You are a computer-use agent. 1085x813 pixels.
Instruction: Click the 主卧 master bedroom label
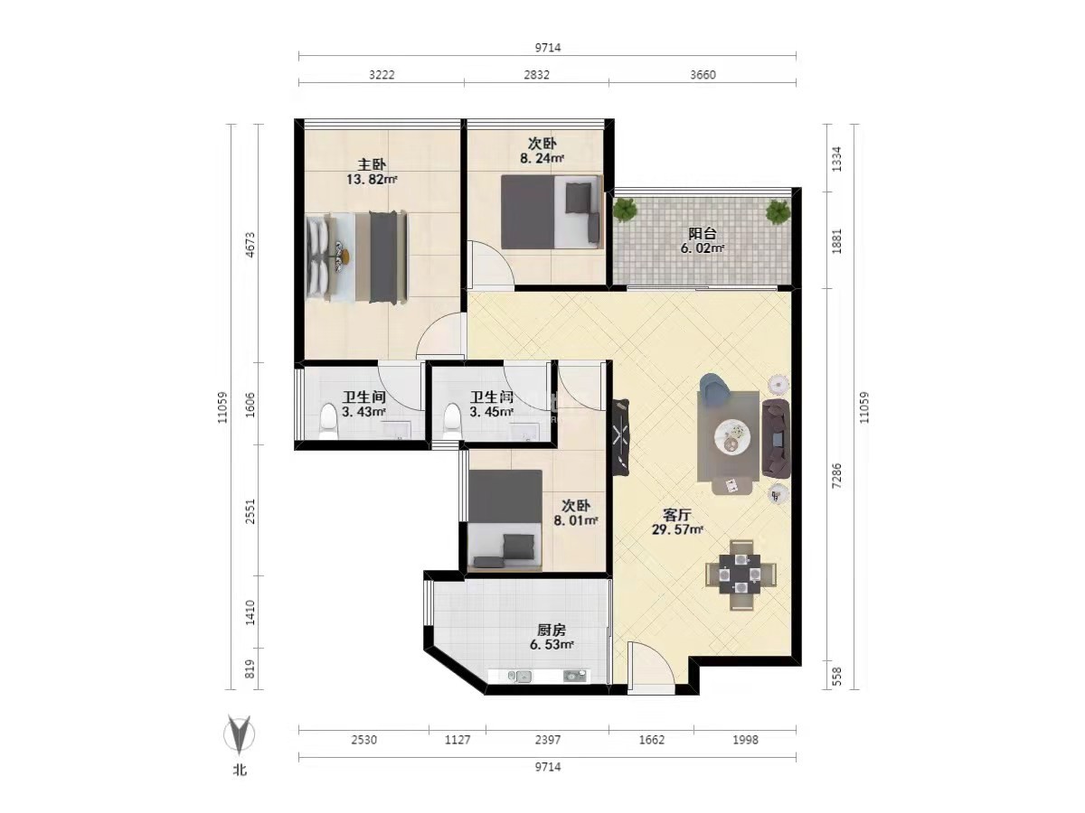372,164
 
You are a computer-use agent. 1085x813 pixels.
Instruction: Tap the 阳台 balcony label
702,233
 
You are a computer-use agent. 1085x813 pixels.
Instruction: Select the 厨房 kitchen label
552,630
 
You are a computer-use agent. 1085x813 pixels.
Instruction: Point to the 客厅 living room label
676,515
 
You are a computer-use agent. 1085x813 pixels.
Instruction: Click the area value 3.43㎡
363,411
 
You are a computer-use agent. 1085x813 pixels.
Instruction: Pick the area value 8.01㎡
576,520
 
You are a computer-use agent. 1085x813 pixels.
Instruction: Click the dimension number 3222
382,75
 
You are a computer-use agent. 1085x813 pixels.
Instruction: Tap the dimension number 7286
836,476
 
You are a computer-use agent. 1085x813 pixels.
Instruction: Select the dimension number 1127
458,740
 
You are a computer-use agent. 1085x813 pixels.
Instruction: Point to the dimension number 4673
250,244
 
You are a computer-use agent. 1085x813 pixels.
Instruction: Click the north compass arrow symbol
240,734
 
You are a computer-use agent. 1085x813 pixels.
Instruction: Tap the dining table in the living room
740,575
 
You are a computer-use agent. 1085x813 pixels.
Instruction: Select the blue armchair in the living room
715,386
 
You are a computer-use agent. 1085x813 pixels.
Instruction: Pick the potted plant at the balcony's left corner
627,210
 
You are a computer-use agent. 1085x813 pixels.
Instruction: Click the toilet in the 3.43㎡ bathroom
328,421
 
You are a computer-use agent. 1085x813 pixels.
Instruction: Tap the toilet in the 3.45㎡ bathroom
452,421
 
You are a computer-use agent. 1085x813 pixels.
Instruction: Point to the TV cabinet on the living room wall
620,438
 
